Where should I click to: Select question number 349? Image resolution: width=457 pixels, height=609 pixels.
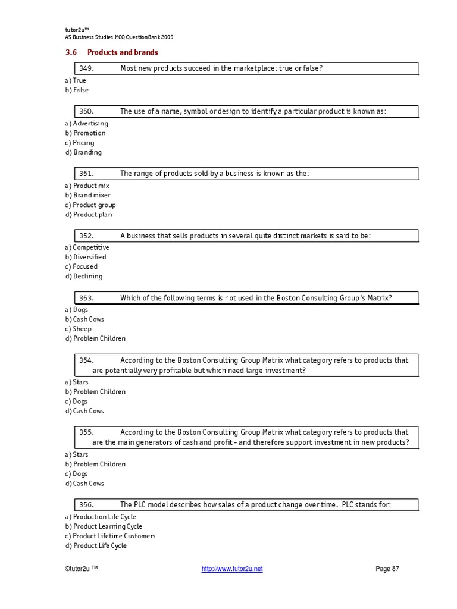tap(87, 68)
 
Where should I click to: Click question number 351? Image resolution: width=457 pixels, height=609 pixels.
tap(87, 174)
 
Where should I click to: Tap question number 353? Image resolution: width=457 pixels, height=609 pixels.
tap(87, 298)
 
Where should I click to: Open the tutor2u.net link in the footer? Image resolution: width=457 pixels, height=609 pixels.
tap(232, 569)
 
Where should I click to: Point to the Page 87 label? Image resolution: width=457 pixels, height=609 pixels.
tap(387, 569)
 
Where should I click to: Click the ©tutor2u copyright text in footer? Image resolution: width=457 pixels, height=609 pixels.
tap(81, 569)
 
